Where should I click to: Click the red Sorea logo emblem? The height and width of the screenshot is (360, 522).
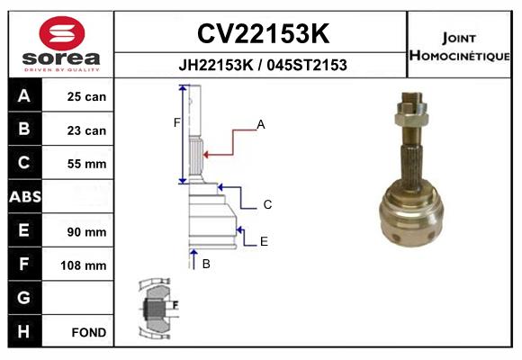pos(62,33)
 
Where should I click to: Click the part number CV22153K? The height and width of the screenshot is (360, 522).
pos(263,33)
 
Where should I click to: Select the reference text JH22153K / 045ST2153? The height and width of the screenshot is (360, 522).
pos(263,65)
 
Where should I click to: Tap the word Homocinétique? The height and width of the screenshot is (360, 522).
pos(459,55)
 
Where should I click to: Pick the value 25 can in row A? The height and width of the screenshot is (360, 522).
pos(86,96)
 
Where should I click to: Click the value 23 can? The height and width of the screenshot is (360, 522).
pos(86,130)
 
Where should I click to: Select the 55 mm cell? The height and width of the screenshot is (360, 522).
pos(86,164)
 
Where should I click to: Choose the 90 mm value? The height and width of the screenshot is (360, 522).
pos(86,232)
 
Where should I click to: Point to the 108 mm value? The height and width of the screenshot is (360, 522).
pos(83,265)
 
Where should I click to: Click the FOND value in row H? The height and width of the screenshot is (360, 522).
pos(89,332)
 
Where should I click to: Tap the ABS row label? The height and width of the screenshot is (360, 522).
pos(25,196)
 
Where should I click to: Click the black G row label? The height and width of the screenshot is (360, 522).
pos(24,297)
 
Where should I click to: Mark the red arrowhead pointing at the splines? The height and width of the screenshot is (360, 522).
pos(206,155)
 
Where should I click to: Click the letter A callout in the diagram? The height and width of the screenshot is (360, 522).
pos(261,124)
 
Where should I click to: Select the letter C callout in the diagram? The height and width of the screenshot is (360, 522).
pos(267,204)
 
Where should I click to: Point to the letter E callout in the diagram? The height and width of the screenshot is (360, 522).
pos(264,241)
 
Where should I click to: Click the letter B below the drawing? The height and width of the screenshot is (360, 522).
pos(206,264)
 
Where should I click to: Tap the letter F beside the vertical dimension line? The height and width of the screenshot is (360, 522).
pos(176,123)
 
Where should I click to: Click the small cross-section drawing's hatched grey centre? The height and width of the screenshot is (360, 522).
pos(154,308)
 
